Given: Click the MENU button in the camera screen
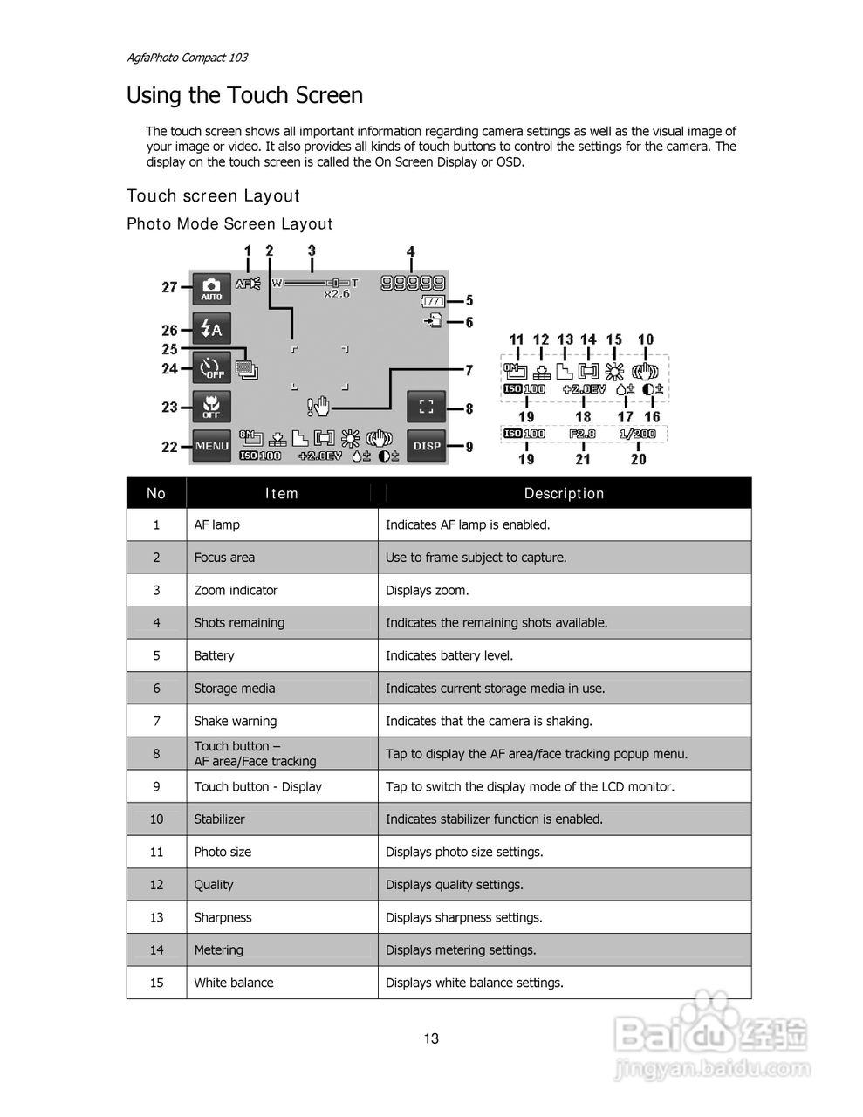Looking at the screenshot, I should (x=212, y=446).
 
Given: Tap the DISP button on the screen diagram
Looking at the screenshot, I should (x=427, y=446).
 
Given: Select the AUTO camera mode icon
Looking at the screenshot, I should (x=212, y=288).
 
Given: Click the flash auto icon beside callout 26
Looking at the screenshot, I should (x=212, y=329).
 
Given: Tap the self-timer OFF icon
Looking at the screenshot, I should (x=212, y=368).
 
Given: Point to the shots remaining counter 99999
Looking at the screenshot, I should (x=413, y=282).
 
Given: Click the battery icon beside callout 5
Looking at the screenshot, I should (x=432, y=301).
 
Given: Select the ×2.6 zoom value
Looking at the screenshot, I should (x=336, y=294).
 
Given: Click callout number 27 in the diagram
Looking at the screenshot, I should (x=169, y=287).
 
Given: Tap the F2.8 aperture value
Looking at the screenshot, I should (x=582, y=434).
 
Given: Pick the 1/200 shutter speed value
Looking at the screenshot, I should (x=638, y=434).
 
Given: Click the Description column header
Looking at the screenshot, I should (x=564, y=493).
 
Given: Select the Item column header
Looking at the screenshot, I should (x=282, y=493).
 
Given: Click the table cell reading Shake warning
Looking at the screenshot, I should (x=235, y=721).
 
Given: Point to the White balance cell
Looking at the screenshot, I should (x=234, y=983).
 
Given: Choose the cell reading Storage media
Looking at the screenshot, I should (x=234, y=689).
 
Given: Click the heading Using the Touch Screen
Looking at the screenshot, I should (x=244, y=95).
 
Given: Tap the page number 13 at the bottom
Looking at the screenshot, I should (x=431, y=1038).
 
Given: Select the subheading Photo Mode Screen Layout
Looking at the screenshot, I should (x=229, y=224).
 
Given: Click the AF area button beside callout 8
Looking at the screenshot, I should (x=427, y=406).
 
